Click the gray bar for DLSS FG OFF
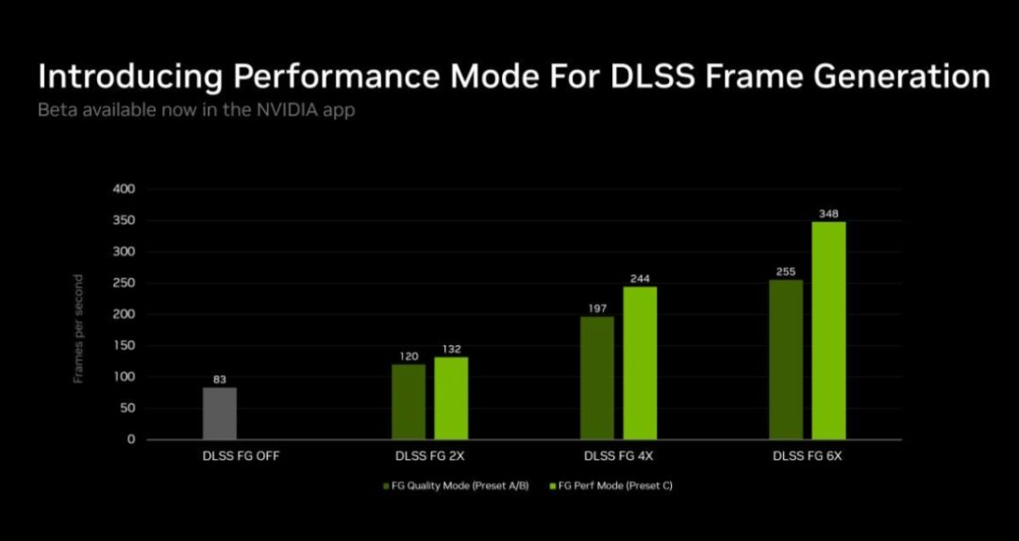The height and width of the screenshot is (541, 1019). (x=220, y=414)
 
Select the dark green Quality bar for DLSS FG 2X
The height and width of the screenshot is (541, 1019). (x=409, y=402)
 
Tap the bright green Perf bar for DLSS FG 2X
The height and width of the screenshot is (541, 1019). (x=451, y=398)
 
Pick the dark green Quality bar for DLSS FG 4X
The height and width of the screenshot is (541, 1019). (x=597, y=378)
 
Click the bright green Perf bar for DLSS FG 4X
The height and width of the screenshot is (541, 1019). (x=640, y=363)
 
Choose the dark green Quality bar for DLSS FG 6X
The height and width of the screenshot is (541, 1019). (x=786, y=360)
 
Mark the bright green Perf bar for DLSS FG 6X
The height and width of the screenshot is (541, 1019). (x=828, y=331)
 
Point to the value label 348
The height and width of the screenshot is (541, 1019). (x=828, y=213)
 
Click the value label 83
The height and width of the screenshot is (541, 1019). (x=220, y=379)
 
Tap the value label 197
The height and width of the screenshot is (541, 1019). (x=597, y=308)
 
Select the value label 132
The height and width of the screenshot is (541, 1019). (x=451, y=349)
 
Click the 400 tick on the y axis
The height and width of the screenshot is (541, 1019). (x=125, y=189)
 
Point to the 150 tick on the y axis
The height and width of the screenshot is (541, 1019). (x=125, y=346)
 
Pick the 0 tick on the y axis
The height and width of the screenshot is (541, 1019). (x=131, y=440)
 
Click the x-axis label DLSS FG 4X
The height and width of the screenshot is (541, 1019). (x=618, y=456)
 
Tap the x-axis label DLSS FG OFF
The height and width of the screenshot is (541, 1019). (x=242, y=456)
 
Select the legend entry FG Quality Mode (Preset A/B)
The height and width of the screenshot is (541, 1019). (x=457, y=485)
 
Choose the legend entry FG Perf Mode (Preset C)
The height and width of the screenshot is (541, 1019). (x=610, y=485)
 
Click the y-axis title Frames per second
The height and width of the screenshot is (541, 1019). (x=78, y=329)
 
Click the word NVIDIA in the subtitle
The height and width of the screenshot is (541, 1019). (x=280, y=109)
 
